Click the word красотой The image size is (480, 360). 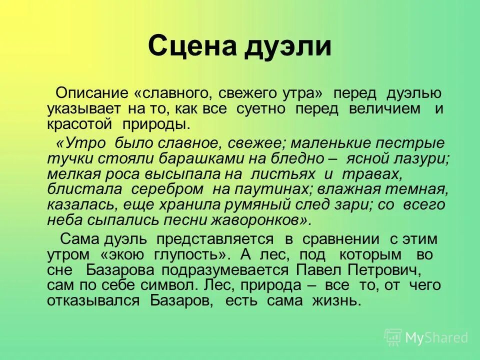pos(79,125)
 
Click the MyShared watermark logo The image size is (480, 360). pos(426,337)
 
